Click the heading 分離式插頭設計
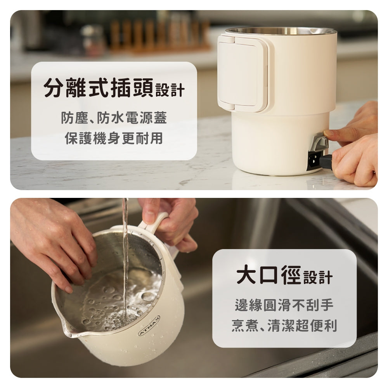tap(114, 88)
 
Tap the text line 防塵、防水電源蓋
tap(114, 118)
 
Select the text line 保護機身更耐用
tap(114, 138)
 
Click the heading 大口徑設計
tap(284, 276)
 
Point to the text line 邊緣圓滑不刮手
tap(284, 305)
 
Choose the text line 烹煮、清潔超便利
tap(284, 326)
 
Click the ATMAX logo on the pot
tap(149, 326)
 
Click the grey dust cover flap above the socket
tap(320, 142)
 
